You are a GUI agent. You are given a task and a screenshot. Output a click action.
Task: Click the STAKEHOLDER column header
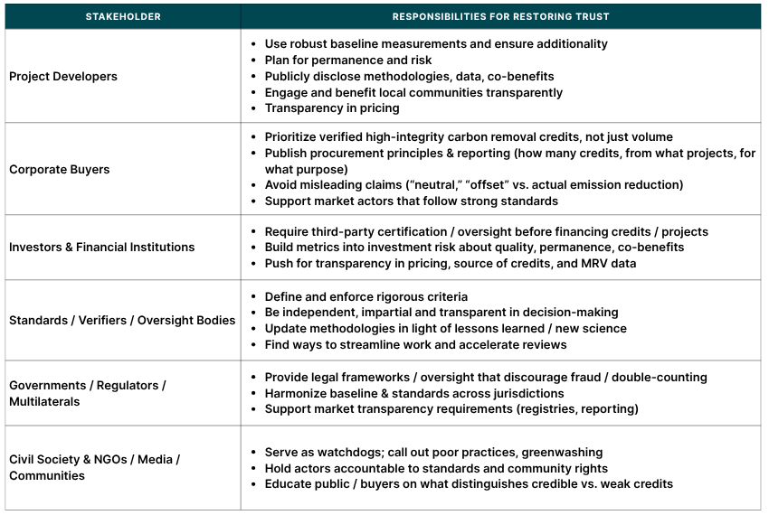coord(122,16)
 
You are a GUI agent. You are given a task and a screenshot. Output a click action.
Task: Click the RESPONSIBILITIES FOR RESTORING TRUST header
coord(500,16)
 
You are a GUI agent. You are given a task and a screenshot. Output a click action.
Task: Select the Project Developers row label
coord(63,77)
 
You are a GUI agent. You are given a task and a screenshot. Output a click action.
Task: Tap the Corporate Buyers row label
coord(59,169)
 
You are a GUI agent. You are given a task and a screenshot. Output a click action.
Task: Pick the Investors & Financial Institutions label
coord(101,247)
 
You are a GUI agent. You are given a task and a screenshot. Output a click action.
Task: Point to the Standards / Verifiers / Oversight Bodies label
coord(122,320)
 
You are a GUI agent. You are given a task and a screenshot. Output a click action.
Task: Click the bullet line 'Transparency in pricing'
coord(331,108)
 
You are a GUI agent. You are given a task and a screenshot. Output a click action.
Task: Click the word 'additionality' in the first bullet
coord(570,44)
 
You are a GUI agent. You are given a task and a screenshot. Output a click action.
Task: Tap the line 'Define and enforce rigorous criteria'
coord(366,296)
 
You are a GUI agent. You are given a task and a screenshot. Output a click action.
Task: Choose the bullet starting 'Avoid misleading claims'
coord(473,184)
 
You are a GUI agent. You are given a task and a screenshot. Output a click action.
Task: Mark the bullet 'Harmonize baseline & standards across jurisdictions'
coord(413,393)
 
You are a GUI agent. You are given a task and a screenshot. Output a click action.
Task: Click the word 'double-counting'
coord(661,377)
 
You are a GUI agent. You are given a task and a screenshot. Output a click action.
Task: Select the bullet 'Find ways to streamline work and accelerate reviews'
coord(415,344)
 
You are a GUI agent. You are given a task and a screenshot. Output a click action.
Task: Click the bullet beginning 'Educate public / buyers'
coord(469,483)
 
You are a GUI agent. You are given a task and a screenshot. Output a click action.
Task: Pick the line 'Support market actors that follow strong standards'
coord(411,201)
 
